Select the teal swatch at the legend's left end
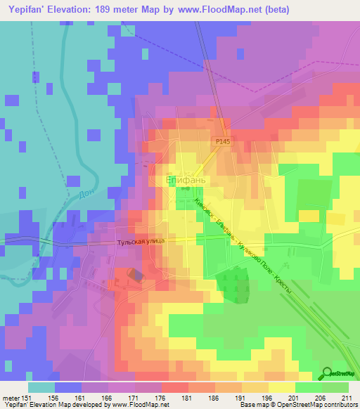click(41, 387)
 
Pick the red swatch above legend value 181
click(174, 387)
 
